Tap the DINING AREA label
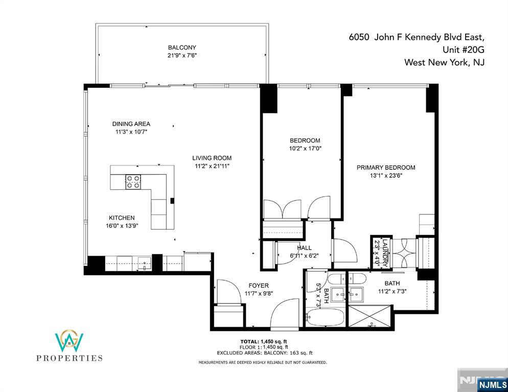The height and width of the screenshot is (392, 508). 131,124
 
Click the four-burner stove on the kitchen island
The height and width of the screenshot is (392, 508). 134,182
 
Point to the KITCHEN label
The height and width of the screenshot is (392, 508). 121,218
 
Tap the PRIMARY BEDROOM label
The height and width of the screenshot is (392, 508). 386,167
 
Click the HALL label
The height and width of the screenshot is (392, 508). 304,248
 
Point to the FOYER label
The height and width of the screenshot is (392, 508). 258,285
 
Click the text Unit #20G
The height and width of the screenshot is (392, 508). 463,50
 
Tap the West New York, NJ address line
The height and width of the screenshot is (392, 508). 444,63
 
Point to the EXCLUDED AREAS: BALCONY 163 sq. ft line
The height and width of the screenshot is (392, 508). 265,353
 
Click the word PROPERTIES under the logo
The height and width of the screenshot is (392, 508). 70,358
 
